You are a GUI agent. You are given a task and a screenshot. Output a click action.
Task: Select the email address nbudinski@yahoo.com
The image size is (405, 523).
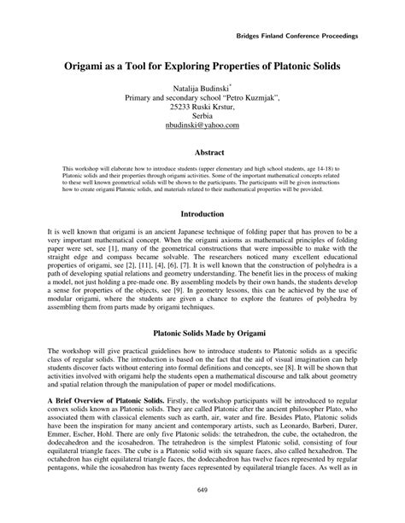coord(202,125)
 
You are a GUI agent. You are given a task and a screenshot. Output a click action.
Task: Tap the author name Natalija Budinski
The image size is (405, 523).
coord(202,87)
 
